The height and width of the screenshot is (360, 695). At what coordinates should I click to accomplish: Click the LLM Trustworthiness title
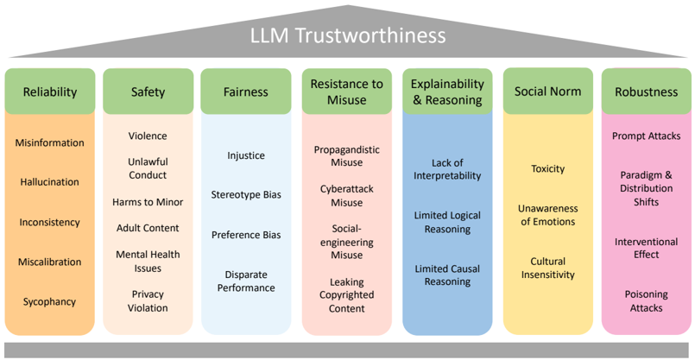tap(347, 35)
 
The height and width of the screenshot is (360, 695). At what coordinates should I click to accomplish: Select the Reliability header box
tap(50, 92)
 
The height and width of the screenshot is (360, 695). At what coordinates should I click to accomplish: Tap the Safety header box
tap(148, 92)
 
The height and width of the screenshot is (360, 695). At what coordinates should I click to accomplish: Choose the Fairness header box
tap(246, 92)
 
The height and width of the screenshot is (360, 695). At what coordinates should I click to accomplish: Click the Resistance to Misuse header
tap(347, 92)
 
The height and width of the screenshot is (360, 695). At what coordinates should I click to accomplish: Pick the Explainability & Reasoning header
tap(446, 92)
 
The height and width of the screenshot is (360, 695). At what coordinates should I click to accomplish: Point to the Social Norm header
tap(547, 92)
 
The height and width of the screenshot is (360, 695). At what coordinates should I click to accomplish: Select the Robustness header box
tap(646, 92)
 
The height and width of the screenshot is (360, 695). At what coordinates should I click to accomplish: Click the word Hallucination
tap(50, 182)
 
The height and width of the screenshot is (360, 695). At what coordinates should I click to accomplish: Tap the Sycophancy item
tap(50, 301)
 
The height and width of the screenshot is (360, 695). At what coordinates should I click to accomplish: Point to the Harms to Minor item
tap(148, 202)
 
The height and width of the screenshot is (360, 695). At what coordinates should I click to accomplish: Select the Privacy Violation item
tap(148, 301)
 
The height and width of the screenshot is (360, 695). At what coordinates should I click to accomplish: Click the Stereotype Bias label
tap(246, 195)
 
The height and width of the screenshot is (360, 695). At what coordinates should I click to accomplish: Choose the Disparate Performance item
tap(246, 281)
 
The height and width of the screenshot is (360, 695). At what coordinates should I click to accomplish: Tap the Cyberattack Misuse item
tap(347, 195)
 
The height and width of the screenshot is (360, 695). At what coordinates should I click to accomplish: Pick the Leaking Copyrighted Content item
tap(347, 295)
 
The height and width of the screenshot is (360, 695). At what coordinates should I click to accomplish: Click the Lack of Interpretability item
tap(446, 169)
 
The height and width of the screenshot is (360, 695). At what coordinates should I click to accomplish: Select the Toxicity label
tap(547, 168)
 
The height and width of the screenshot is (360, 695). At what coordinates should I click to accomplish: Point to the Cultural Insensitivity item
tap(547, 268)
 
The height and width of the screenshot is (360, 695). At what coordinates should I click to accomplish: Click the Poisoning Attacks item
tap(646, 301)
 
